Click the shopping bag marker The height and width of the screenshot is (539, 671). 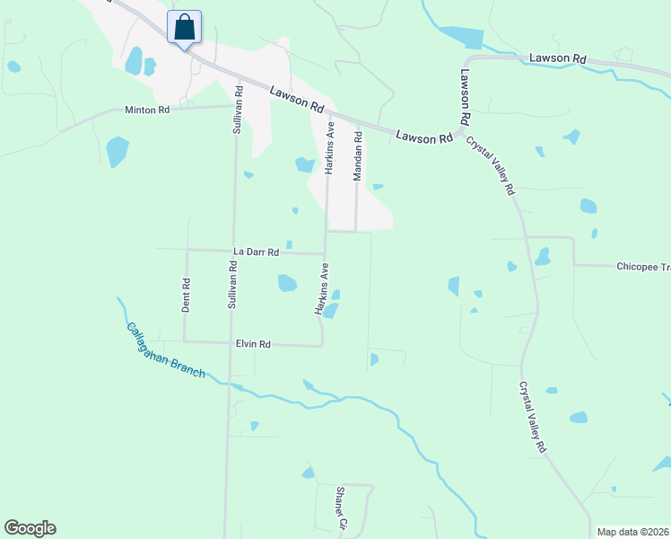coord(184,27)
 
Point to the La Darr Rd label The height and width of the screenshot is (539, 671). coord(253,251)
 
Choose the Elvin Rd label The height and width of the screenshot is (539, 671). coord(253,344)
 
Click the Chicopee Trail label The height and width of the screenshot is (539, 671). coord(642,267)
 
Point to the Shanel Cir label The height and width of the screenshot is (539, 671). coord(341,508)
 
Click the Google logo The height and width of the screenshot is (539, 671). coord(30,528)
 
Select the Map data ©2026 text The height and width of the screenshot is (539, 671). coord(632,532)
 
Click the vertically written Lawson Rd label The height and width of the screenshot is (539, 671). coord(466,97)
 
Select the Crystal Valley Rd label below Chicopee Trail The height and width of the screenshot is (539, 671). coord(533,417)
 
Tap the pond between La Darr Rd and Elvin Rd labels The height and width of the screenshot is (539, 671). coord(287,283)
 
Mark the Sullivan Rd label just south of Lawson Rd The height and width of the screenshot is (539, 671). coord(238,110)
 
